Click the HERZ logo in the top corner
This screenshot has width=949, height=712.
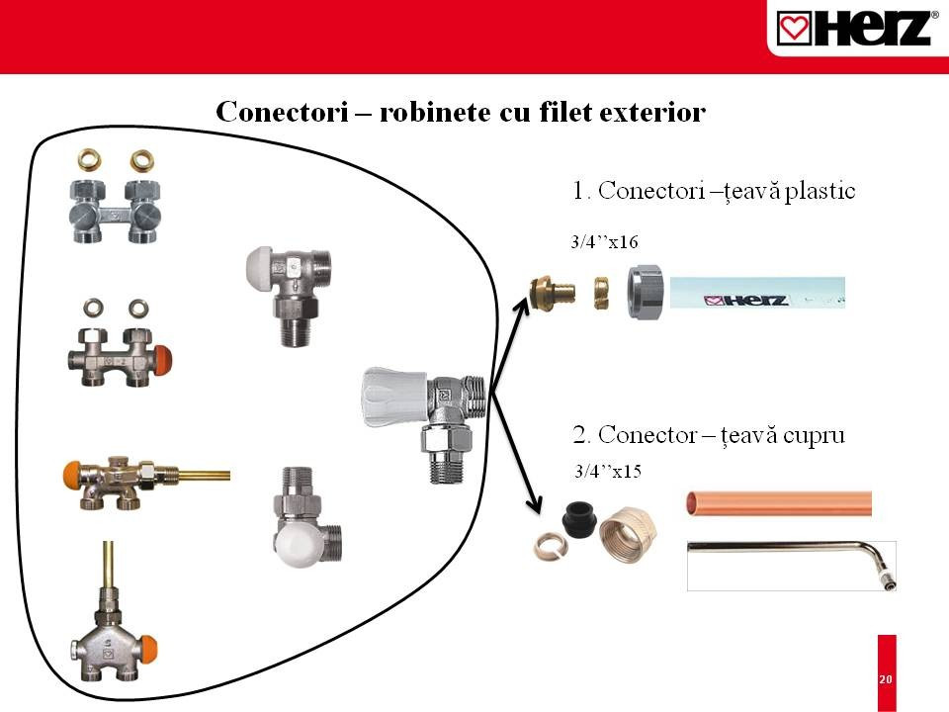[853, 28]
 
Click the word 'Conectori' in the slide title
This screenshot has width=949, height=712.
[282, 112]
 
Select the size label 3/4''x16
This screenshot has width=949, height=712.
[604, 242]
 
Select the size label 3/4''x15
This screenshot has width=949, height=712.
[608, 471]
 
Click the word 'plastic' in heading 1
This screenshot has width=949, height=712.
[820, 191]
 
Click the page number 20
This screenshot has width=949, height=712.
[886, 679]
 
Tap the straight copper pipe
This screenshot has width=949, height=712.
[779, 503]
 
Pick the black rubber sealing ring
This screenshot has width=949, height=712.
[580, 519]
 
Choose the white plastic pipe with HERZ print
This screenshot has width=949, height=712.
[757, 293]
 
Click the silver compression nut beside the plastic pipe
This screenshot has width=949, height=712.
[646, 292]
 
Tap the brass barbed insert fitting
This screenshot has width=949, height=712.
[551, 293]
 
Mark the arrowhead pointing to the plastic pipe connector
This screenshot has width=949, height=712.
[521, 303]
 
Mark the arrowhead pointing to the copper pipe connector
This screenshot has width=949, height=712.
[535, 503]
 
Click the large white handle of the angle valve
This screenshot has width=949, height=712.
[395, 396]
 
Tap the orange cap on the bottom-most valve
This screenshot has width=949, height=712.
[149, 650]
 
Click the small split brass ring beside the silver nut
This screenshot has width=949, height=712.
[601, 293]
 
